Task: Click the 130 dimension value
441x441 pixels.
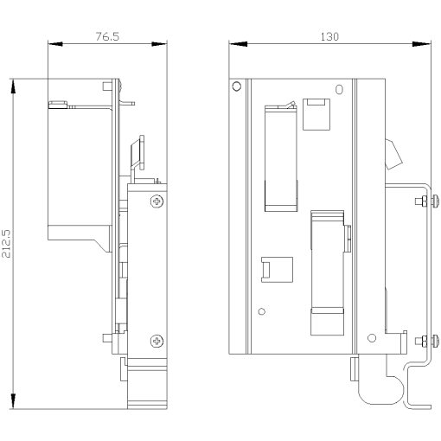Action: pyautogui.click(x=329, y=36)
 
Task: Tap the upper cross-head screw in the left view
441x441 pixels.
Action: pyautogui.click(x=157, y=201)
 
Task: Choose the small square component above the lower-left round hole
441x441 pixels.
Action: pyautogui.click(x=269, y=269)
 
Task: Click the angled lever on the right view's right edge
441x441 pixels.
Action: pyautogui.click(x=394, y=155)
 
